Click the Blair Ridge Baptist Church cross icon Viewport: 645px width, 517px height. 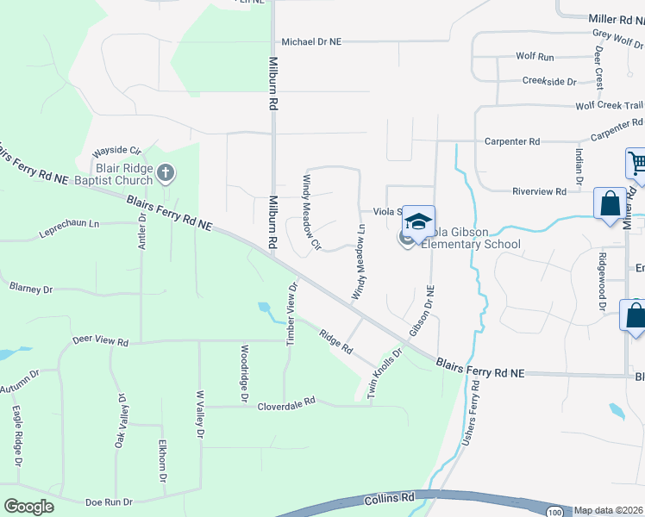pos(166,174)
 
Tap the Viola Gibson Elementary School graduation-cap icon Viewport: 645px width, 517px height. pos(418,222)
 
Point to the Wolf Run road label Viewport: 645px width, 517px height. pos(535,56)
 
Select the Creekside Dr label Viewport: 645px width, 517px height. pos(549,81)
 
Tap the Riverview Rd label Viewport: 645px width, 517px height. pos(538,191)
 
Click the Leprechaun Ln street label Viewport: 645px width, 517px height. pos(69,230)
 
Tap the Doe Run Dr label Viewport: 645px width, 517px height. pos(109,501)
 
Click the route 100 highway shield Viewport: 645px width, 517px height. pos(550,512)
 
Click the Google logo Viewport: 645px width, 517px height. pos(28,507)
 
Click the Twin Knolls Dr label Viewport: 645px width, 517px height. pos(385,371)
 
